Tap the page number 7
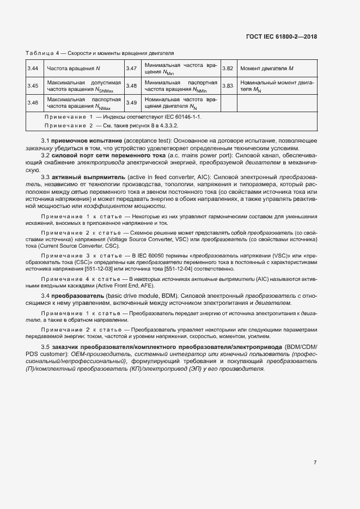click(315, 463)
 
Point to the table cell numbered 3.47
click(131, 69)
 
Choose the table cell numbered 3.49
click(131, 103)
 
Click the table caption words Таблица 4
click(42, 53)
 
